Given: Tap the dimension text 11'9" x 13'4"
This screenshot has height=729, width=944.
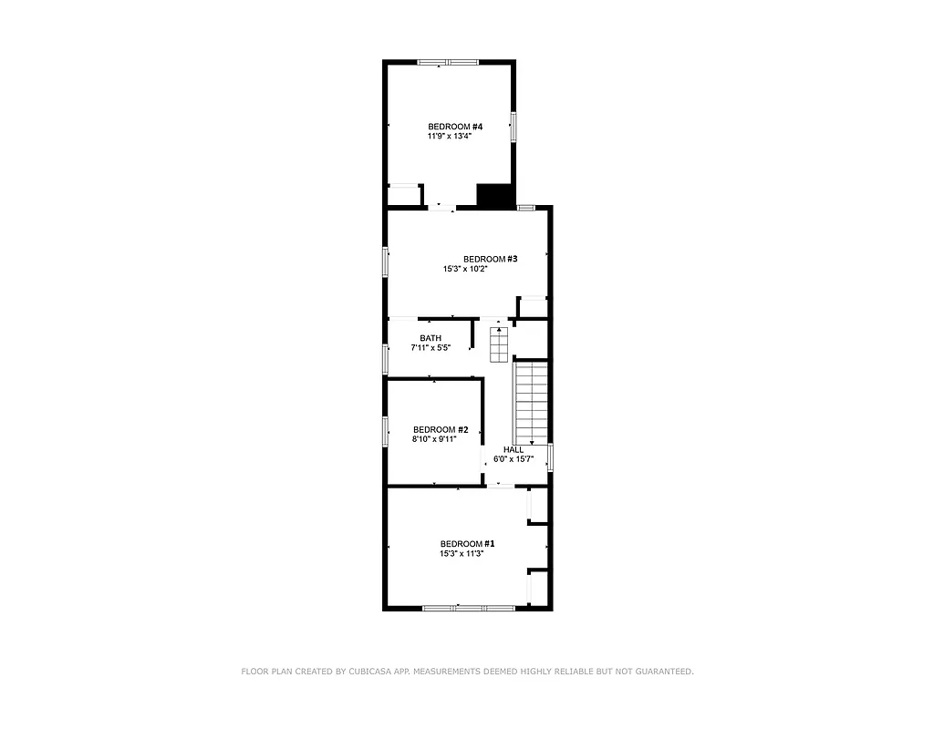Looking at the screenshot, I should pos(449,137).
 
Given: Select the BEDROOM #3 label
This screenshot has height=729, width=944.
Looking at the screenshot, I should pos(490,259).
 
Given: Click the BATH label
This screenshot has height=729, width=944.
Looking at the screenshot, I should pos(431,338).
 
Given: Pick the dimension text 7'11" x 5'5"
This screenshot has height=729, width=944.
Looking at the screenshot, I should pos(431,348).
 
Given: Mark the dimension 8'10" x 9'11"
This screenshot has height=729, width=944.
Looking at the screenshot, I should pos(434,439).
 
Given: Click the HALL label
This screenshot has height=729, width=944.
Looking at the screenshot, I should pos(513,450).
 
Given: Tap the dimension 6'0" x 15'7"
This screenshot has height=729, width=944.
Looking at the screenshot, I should pos(513,459).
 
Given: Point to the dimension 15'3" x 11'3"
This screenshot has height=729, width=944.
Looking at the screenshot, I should pos(461,553).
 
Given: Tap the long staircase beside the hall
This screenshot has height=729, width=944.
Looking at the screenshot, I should pos(531,401).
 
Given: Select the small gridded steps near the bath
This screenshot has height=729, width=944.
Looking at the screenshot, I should pos(498,344).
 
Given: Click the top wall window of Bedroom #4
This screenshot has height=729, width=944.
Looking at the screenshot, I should pos(448,62).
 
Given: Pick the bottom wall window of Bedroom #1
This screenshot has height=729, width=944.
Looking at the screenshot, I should pos(469,608).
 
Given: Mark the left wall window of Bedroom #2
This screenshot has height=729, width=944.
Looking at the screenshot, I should pos(386,430).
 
